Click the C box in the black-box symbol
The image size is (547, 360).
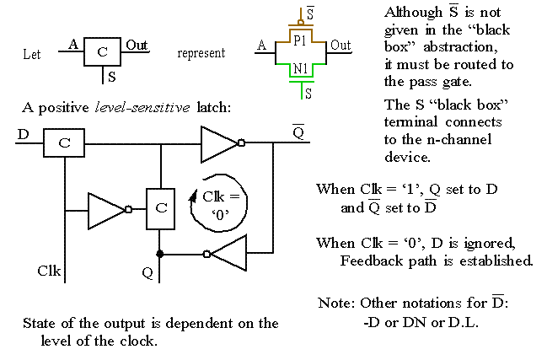click(103, 51)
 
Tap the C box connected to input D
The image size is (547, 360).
click(63, 143)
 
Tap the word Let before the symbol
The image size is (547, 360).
click(32, 53)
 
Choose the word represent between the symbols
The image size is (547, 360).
click(201, 52)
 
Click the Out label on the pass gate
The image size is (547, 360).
click(341, 45)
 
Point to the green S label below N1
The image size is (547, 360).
click(308, 94)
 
